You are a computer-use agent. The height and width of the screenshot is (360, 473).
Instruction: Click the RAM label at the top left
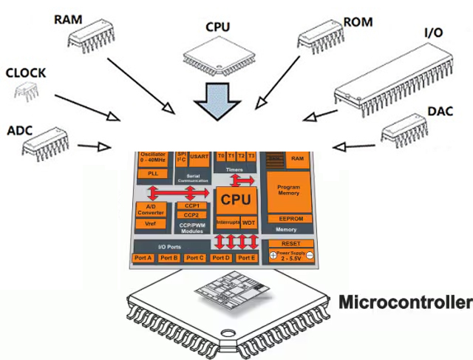[68, 17]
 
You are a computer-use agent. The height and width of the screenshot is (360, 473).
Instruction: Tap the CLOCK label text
[26, 74]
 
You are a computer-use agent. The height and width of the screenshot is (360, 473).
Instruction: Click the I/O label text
[435, 34]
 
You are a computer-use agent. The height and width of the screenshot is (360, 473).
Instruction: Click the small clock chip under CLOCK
[26, 92]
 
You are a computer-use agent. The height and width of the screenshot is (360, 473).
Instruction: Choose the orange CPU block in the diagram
[236, 200]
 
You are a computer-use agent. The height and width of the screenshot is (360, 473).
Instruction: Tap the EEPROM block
[288, 220]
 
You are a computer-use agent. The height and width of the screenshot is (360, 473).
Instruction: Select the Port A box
[143, 258]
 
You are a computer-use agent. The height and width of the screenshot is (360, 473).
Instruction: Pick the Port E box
[247, 258]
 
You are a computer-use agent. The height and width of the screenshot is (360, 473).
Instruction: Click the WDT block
[248, 222]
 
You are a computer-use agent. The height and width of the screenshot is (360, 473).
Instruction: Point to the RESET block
[290, 243]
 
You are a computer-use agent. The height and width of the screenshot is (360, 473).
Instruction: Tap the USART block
[199, 157]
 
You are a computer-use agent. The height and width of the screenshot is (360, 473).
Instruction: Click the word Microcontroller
[404, 303]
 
